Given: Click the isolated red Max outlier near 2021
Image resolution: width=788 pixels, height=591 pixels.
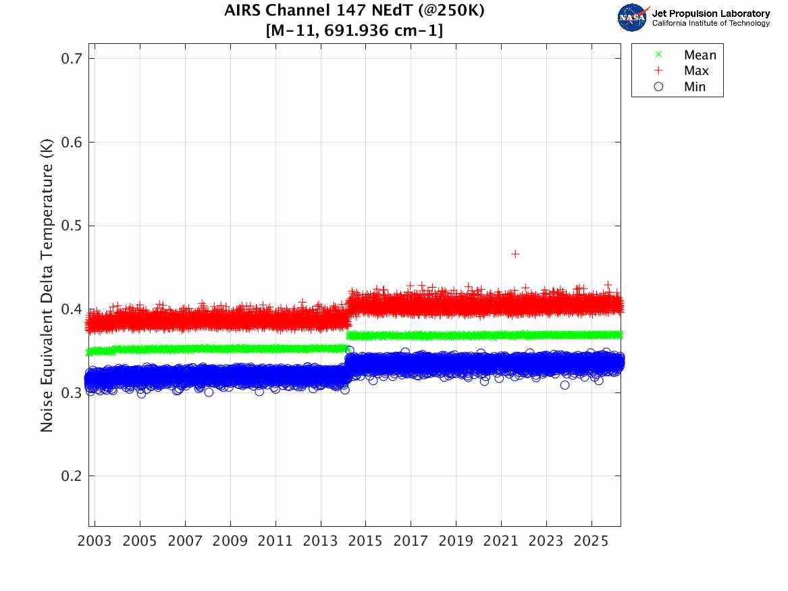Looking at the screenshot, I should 515,254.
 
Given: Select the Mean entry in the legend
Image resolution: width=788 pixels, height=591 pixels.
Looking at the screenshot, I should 700,55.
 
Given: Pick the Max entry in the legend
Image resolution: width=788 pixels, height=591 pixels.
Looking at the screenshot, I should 696,71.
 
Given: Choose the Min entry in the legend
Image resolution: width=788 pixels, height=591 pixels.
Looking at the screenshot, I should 695,86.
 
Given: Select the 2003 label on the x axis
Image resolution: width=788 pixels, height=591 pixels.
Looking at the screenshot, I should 95,542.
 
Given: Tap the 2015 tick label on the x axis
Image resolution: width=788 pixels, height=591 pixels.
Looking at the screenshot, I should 365,542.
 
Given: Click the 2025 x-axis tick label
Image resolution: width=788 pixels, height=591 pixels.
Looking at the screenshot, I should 591,542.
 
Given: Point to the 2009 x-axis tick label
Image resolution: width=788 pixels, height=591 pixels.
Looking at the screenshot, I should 230,542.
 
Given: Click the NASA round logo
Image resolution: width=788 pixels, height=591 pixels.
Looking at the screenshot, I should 632,18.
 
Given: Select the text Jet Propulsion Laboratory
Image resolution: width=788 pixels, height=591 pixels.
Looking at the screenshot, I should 710,14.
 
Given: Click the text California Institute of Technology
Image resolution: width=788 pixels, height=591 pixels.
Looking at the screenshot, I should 710,24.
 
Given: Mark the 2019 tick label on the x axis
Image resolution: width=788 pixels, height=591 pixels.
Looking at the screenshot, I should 456,542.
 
